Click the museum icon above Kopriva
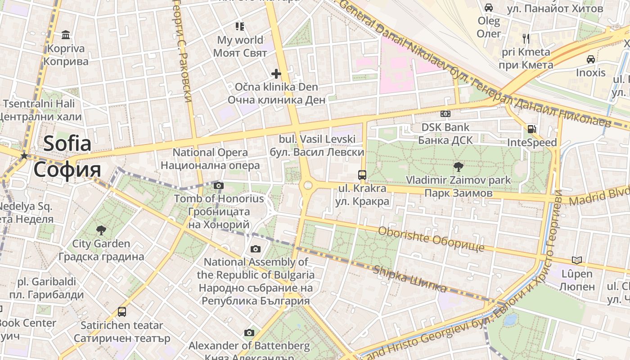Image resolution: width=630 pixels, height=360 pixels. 66,35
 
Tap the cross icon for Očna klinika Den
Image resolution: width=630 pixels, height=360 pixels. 276,73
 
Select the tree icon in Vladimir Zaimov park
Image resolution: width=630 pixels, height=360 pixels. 458,167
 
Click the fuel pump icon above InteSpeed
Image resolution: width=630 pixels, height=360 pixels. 531,129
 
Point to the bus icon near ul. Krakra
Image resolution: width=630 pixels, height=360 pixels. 362,175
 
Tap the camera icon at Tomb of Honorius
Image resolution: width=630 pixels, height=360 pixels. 219,185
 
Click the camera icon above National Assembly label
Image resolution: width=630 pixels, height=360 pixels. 255,249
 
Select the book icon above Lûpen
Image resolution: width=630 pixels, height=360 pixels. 576,260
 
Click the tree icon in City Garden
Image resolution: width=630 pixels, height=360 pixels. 101,230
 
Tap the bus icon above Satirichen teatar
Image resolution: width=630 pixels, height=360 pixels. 121,311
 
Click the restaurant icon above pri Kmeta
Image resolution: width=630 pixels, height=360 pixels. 526,38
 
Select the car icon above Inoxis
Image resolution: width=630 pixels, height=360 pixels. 590,59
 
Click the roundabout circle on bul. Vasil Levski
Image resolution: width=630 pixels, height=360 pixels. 308,185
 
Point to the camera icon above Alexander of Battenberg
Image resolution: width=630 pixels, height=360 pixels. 249,333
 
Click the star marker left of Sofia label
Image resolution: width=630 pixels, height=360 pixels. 24,156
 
